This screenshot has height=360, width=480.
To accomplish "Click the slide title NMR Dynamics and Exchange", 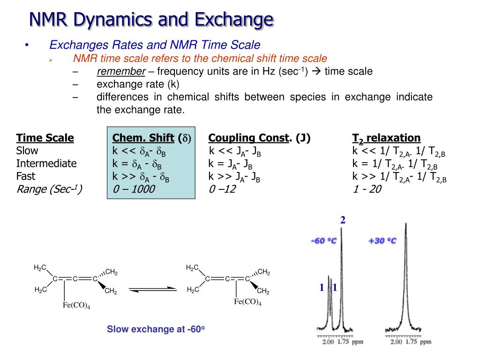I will (x=151, y=20).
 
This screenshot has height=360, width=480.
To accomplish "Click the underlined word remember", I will (x=121, y=72).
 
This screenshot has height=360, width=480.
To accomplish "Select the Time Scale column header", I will (x=45, y=138).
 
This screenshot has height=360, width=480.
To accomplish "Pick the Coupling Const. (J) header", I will (x=259, y=138).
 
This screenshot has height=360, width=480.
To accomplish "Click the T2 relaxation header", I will (x=386, y=138).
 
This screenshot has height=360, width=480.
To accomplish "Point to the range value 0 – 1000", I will (x=134, y=189).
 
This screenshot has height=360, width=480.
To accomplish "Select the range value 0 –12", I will (x=222, y=189).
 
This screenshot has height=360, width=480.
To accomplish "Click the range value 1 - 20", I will (x=367, y=189).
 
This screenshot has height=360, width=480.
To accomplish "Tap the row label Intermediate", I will (x=46, y=164).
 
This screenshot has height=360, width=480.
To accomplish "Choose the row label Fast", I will (x=26, y=176).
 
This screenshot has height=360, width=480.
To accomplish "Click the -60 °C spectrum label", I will (x=323, y=241).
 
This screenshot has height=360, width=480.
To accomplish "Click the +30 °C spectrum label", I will (x=382, y=241).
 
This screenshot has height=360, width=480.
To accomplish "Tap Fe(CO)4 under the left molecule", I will (x=76, y=306).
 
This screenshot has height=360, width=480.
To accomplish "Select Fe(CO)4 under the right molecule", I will (x=247, y=302).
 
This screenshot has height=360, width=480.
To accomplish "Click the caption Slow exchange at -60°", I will (x=156, y=329).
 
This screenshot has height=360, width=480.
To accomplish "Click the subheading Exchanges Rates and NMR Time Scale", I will (x=155, y=45).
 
